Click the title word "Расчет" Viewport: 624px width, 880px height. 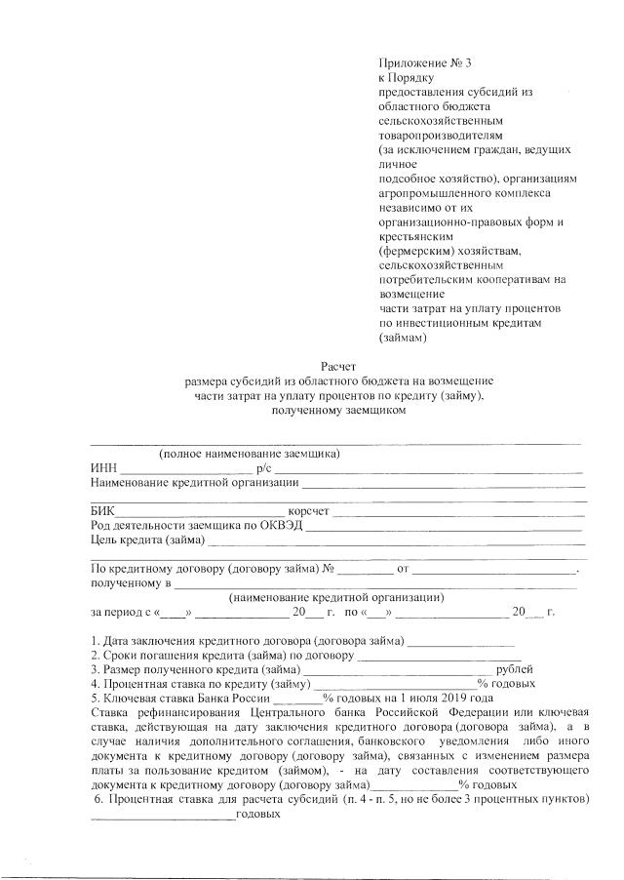[x=337, y=365]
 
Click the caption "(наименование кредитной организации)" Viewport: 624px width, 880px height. [x=336, y=596]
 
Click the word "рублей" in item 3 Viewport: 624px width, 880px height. [x=515, y=670]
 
